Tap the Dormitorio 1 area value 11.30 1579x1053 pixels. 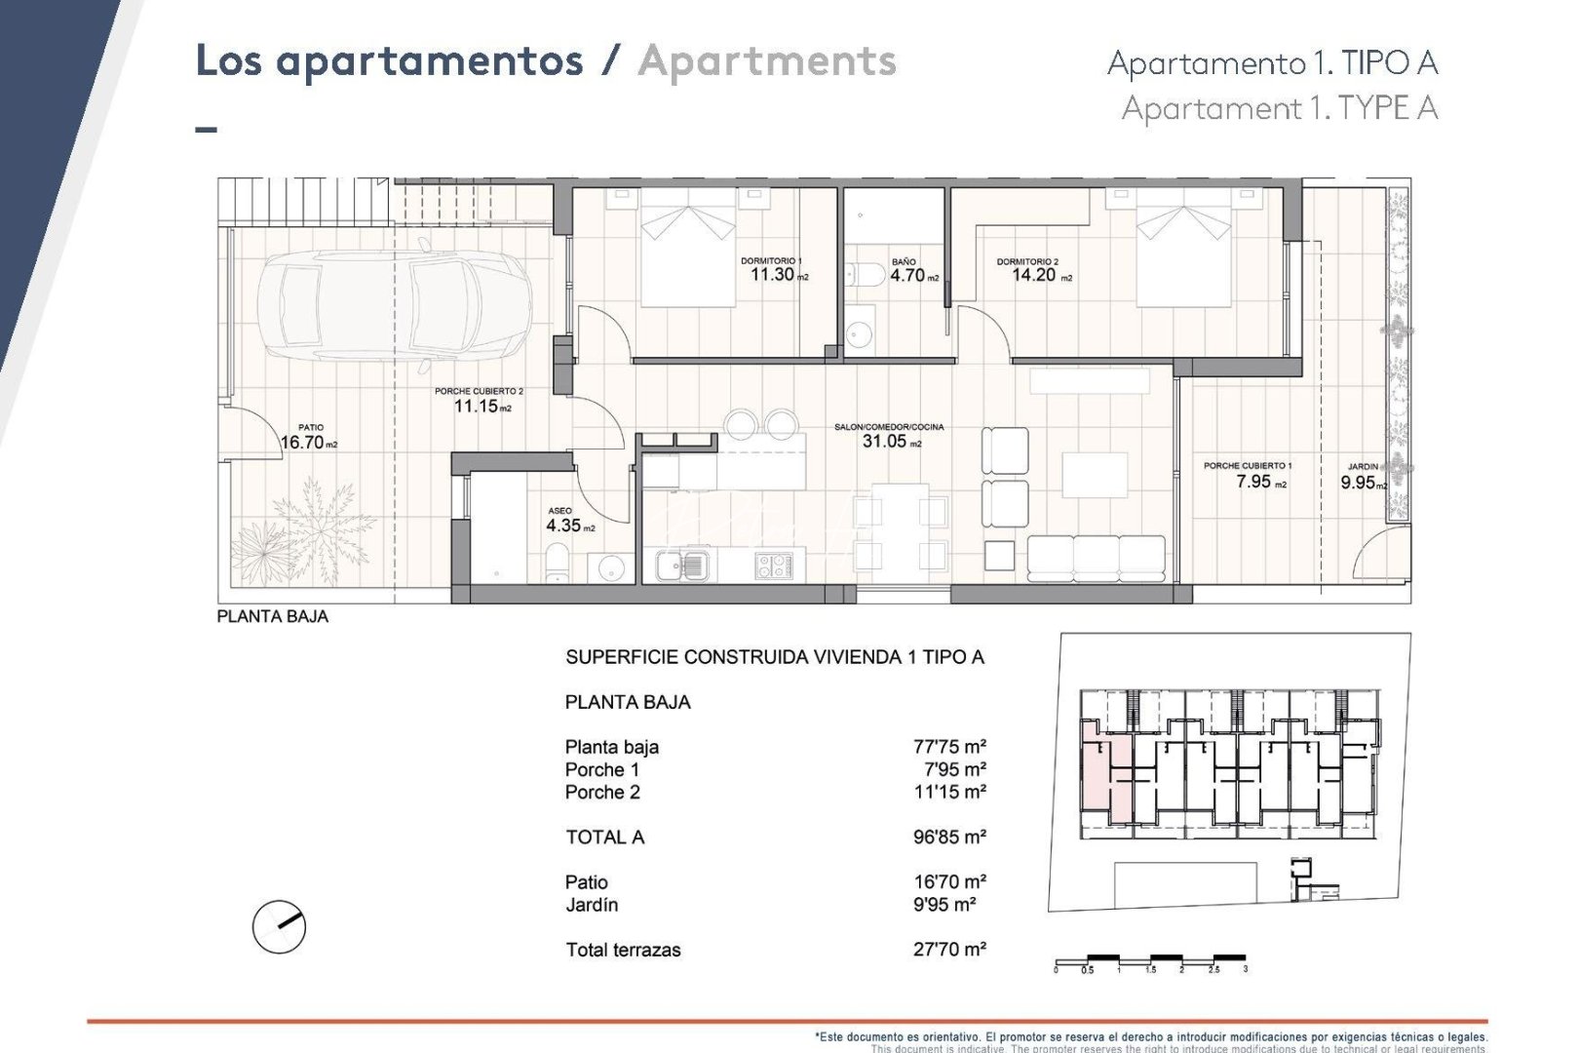(772, 275)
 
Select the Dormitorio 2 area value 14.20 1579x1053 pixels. (1033, 275)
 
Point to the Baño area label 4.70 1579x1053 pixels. (907, 276)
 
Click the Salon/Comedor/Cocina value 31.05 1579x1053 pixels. (884, 442)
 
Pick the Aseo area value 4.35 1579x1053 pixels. (563, 526)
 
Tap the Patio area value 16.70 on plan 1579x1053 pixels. (302, 443)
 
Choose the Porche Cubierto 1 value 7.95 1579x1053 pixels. (1253, 482)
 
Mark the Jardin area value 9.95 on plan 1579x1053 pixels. (1358, 483)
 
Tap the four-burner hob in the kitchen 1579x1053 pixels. (774, 565)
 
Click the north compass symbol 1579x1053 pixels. (279, 926)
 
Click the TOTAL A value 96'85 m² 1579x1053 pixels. (949, 838)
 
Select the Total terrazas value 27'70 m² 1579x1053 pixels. (949, 950)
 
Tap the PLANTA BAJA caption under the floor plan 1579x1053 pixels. (273, 617)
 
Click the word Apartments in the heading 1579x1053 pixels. (767, 61)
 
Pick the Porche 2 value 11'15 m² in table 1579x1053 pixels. (949, 793)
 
